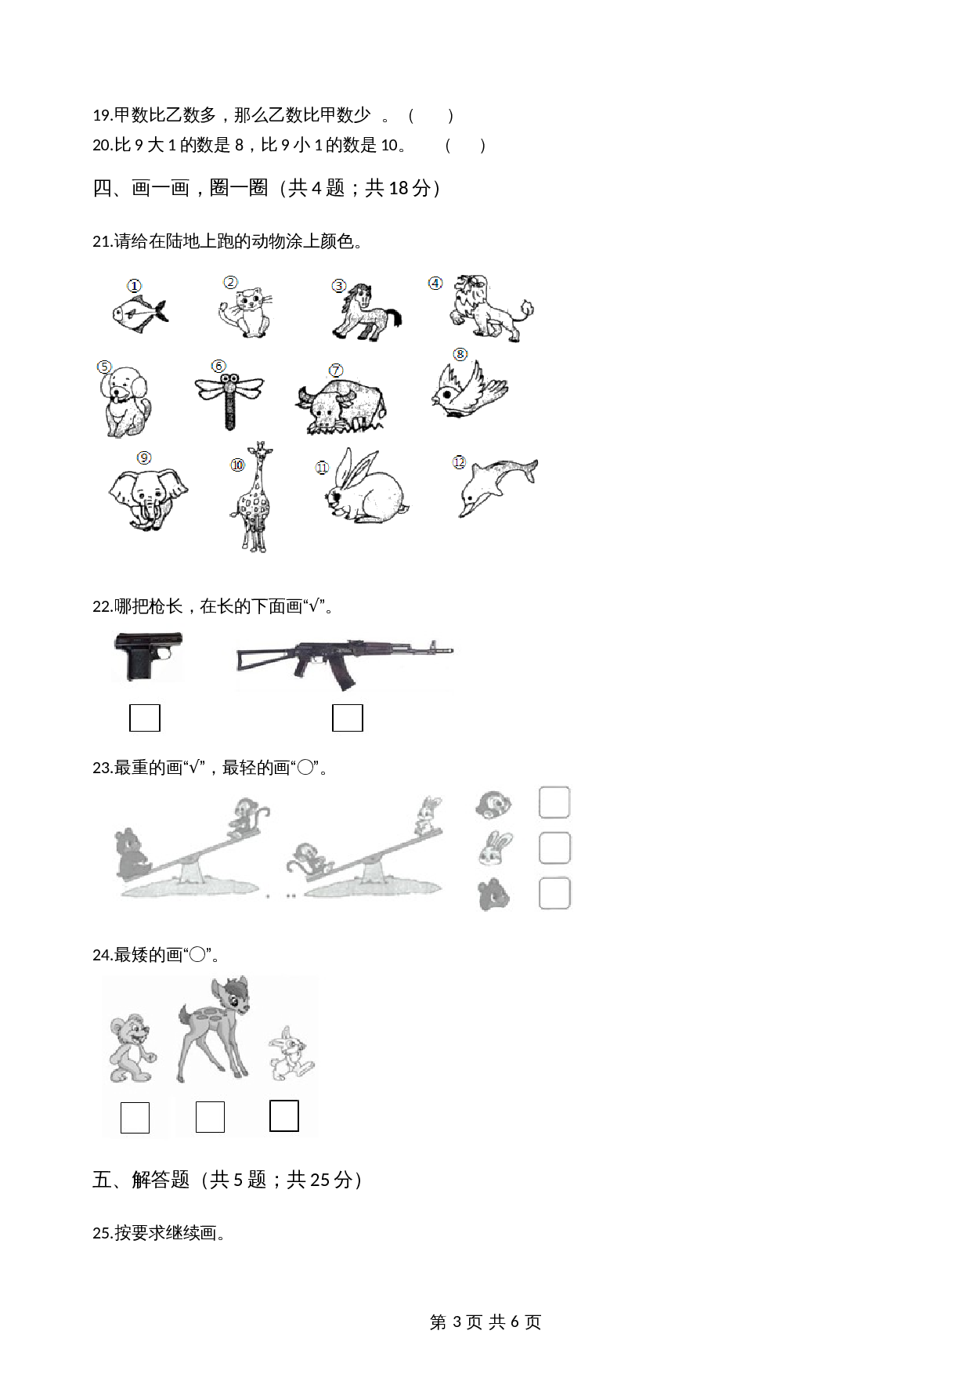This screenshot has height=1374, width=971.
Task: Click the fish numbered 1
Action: (x=139, y=312)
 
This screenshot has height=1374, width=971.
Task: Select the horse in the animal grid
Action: (x=366, y=312)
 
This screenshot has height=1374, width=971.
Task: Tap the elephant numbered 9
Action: (x=148, y=499)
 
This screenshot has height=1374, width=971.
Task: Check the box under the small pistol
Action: (x=145, y=718)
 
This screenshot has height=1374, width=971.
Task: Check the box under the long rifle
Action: (x=348, y=718)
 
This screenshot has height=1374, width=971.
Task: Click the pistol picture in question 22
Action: (x=149, y=656)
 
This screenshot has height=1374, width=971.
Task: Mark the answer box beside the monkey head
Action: (x=554, y=803)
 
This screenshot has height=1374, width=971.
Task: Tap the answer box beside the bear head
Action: (x=554, y=894)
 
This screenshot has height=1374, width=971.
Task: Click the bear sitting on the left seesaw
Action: (x=133, y=855)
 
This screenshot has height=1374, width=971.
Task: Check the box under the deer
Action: (x=210, y=1117)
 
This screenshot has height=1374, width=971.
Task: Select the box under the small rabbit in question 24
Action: (x=284, y=1116)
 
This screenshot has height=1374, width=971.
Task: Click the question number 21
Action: (x=103, y=242)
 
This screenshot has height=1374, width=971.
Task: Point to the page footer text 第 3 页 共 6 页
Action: (x=485, y=1322)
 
